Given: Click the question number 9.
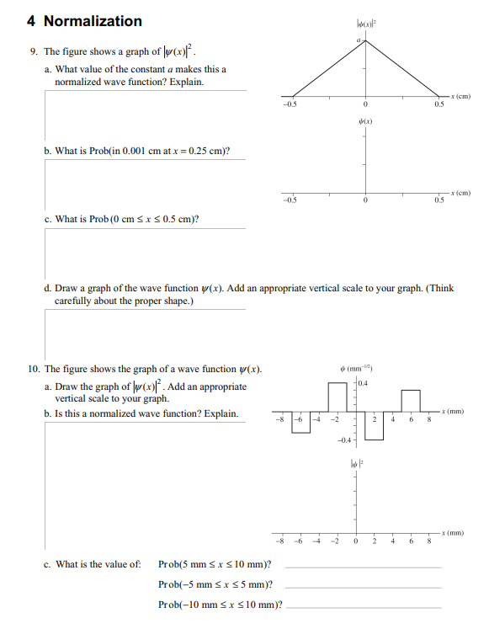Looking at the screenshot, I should [33, 52].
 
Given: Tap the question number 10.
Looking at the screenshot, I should [33, 369].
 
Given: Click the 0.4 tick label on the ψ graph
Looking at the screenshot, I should [364, 384].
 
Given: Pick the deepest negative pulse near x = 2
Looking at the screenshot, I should [375, 425].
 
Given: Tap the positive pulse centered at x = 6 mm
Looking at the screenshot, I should [411, 401].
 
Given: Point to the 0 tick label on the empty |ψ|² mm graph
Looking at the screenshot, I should [356, 542].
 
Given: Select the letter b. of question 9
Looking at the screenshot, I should [49, 152].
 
